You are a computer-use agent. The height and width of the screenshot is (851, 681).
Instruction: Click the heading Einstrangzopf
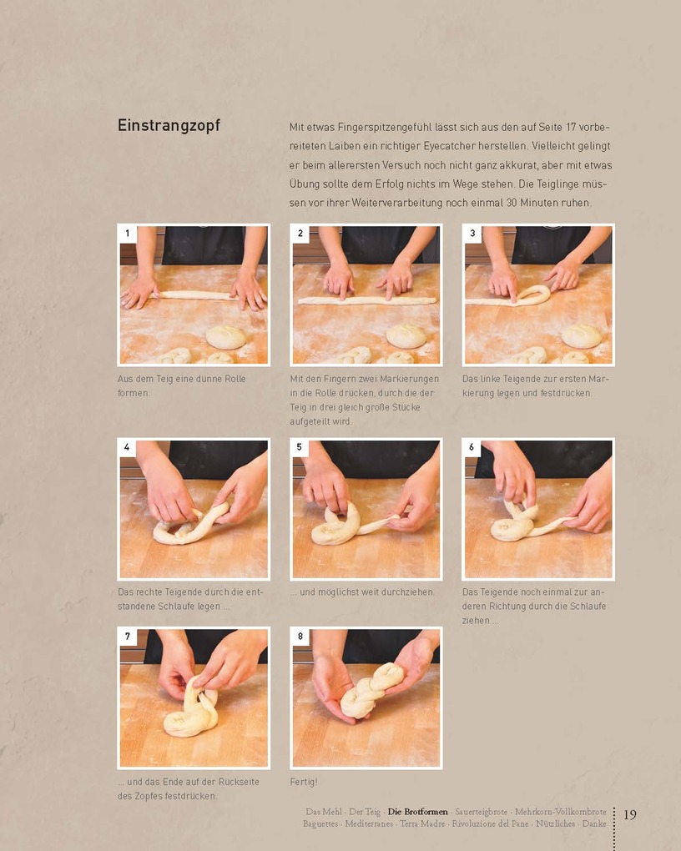169,126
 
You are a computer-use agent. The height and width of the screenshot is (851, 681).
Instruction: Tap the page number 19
630,814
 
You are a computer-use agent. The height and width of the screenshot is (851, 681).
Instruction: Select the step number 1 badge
128,234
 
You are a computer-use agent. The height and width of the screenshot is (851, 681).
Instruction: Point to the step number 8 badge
300,637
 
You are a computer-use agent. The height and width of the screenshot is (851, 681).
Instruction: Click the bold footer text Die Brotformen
417,812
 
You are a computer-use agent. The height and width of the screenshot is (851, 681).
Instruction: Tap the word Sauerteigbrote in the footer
482,812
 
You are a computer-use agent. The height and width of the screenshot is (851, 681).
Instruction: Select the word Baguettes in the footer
320,823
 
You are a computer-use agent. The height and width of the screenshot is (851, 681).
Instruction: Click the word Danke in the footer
594,823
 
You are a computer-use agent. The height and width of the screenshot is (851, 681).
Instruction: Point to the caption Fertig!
304,782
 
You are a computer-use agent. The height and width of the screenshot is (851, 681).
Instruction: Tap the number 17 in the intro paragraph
570,127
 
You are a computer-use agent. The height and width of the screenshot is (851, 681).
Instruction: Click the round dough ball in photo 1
225,337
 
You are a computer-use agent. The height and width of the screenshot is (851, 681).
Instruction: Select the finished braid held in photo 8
372,689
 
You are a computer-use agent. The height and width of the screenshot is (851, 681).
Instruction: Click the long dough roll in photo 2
367,300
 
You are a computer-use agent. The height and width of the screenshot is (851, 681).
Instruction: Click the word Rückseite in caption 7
239,782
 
